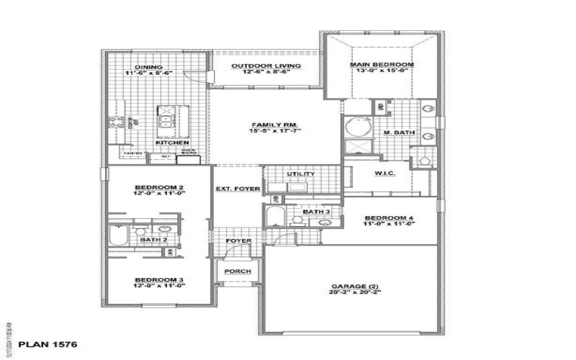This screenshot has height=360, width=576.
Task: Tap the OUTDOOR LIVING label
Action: tap(265, 66)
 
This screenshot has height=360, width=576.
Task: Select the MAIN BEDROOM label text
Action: tap(382, 65)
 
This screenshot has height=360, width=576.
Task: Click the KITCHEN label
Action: tap(172, 143)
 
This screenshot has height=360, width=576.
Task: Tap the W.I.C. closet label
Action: tap(382, 174)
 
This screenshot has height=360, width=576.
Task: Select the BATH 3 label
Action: tap(316, 212)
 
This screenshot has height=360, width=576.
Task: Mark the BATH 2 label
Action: tap(153, 239)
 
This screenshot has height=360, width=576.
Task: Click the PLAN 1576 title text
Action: tap(46, 345)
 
